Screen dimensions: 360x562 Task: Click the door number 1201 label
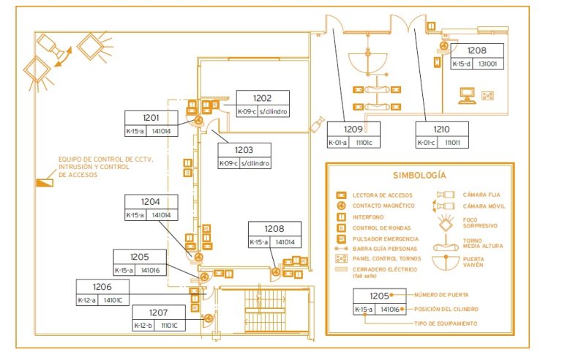pyautogui.click(x=151, y=118)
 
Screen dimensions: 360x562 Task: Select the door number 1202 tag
pyautogui.click(x=263, y=98)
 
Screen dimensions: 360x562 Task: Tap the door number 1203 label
pyautogui.click(x=244, y=149)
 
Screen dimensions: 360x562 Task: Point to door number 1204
pyautogui.click(x=151, y=202)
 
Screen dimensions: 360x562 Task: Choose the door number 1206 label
pyautogui.click(x=102, y=286)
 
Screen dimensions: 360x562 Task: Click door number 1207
pyautogui.click(x=157, y=312)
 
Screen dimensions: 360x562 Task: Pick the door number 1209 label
pyautogui.click(x=353, y=129)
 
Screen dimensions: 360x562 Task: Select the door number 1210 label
pyautogui.click(x=441, y=129)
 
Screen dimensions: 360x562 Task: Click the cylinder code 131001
pyautogui.click(x=487, y=64)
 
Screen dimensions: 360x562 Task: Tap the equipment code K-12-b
pyautogui.click(x=143, y=325)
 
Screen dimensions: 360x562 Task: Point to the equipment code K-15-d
pyautogui.click(x=462, y=64)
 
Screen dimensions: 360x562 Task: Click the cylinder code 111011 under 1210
pyautogui.click(x=454, y=143)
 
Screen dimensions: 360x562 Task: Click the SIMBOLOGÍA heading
pyautogui.click(x=419, y=176)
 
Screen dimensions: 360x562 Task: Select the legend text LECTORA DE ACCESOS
pyautogui.click(x=382, y=195)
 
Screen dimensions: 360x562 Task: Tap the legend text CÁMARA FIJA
pyautogui.click(x=481, y=195)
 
